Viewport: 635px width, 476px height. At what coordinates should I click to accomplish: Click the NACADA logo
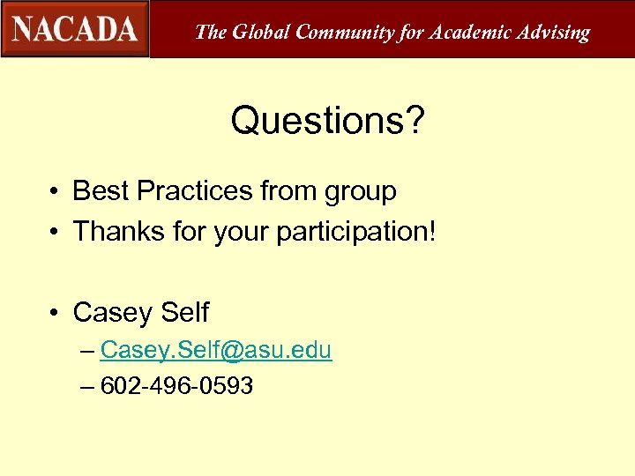[75, 29]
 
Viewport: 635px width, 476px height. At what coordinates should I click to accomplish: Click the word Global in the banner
[259, 33]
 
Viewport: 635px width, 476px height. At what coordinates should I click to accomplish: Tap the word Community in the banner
[344, 33]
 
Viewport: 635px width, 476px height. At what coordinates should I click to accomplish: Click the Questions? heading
[327, 122]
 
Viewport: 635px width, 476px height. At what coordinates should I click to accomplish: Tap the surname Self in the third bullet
[185, 312]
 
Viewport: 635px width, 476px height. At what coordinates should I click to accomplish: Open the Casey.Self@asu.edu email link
[215, 350]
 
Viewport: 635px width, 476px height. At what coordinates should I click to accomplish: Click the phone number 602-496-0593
[177, 385]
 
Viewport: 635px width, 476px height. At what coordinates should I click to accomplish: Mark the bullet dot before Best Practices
[55, 191]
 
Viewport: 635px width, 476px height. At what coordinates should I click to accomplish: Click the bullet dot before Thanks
[55, 232]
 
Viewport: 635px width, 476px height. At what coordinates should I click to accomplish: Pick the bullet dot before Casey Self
[55, 313]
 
